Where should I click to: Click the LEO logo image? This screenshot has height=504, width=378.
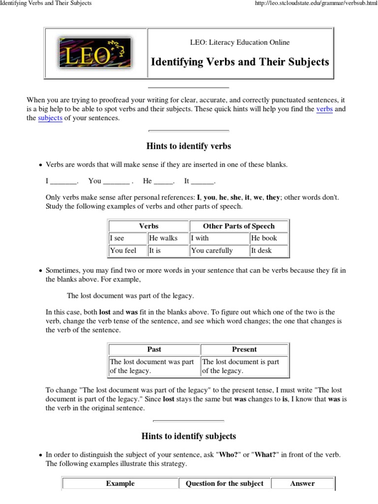tap(95, 53)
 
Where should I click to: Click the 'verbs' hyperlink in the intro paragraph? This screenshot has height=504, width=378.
tap(324, 109)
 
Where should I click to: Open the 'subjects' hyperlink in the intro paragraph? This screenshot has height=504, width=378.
tap(50, 119)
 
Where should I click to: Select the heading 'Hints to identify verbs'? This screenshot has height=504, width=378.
tap(189, 146)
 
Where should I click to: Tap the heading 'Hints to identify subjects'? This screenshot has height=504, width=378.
tap(189, 436)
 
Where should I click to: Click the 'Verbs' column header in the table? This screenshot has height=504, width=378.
tap(149, 226)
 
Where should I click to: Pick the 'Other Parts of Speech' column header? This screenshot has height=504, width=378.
tap(239, 226)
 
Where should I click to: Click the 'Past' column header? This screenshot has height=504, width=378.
tap(154, 349)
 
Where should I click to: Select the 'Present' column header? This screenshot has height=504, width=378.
tap(244, 349)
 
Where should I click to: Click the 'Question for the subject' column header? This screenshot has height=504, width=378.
tap(224, 483)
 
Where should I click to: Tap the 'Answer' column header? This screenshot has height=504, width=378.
tap(302, 483)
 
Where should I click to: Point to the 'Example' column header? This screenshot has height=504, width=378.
tap(120, 483)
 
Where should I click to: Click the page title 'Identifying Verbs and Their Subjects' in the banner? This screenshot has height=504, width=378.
tap(240, 62)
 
